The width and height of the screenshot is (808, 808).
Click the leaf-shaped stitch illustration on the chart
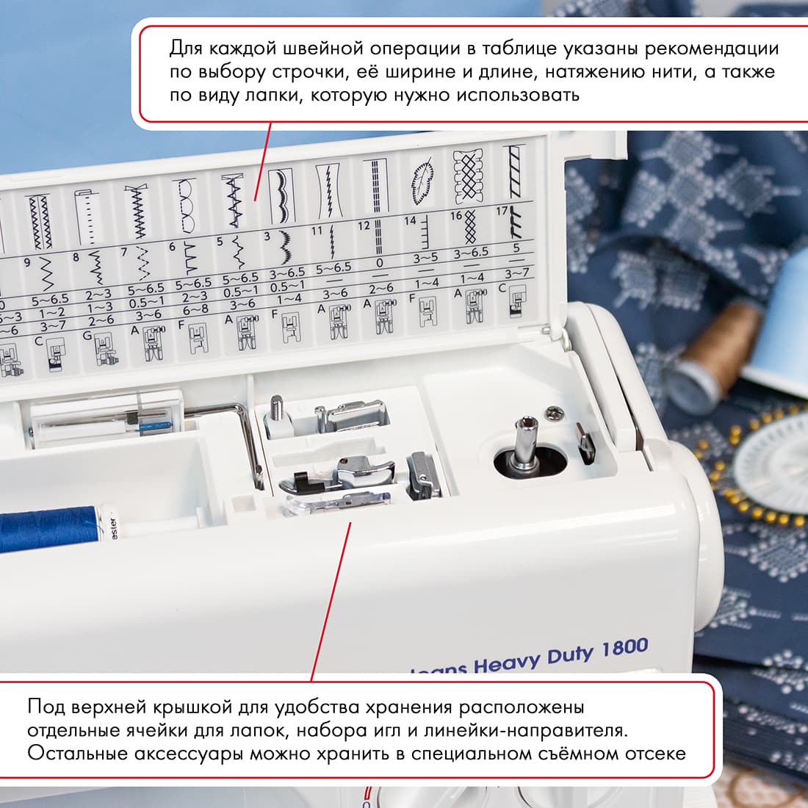coord(422,178)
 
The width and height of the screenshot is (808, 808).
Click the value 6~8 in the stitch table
coord(195,309)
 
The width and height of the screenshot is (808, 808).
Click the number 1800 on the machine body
coord(624,649)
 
